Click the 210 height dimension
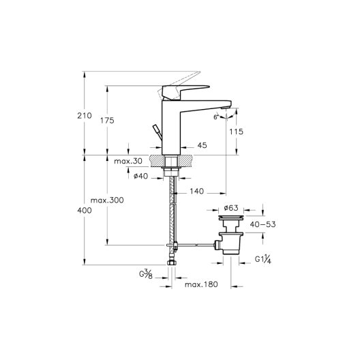(85, 115)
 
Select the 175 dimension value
(107, 120)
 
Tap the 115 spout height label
(236, 132)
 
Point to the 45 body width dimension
(202, 145)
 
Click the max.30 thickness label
(128, 161)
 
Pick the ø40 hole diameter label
(140, 176)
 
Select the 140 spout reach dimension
(197, 191)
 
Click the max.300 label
(107, 200)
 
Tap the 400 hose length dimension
(85, 210)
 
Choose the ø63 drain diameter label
(231, 208)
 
